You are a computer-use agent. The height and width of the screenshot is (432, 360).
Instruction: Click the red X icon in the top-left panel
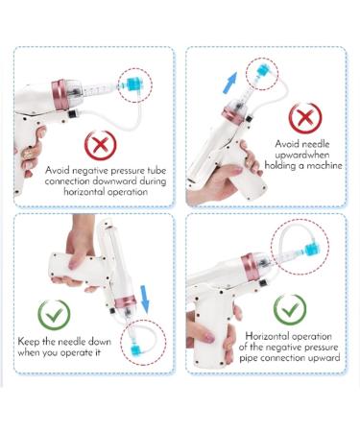(x=100, y=146)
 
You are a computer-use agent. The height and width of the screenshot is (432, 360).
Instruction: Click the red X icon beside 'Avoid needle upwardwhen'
(x=305, y=118)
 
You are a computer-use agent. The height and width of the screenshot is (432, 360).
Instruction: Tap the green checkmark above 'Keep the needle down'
(x=54, y=315)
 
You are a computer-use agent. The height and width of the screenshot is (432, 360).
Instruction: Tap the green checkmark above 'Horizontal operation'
(x=290, y=310)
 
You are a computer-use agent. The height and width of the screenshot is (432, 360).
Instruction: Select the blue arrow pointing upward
(x=229, y=83)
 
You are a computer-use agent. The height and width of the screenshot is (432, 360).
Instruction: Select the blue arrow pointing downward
(x=145, y=300)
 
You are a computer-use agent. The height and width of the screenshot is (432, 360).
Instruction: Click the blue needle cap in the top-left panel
(x=132, y=84)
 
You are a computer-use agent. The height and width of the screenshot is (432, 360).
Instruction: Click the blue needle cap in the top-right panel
(x=263, y=71)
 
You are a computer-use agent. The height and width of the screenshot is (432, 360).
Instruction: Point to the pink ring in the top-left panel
(x=60, y=95)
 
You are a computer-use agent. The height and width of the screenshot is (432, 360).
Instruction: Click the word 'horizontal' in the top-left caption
(x=84, y=192)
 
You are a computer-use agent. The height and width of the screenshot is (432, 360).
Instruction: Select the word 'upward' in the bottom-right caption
(x=324, y=358)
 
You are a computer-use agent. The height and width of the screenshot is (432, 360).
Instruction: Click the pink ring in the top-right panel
(x=234, y=117)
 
